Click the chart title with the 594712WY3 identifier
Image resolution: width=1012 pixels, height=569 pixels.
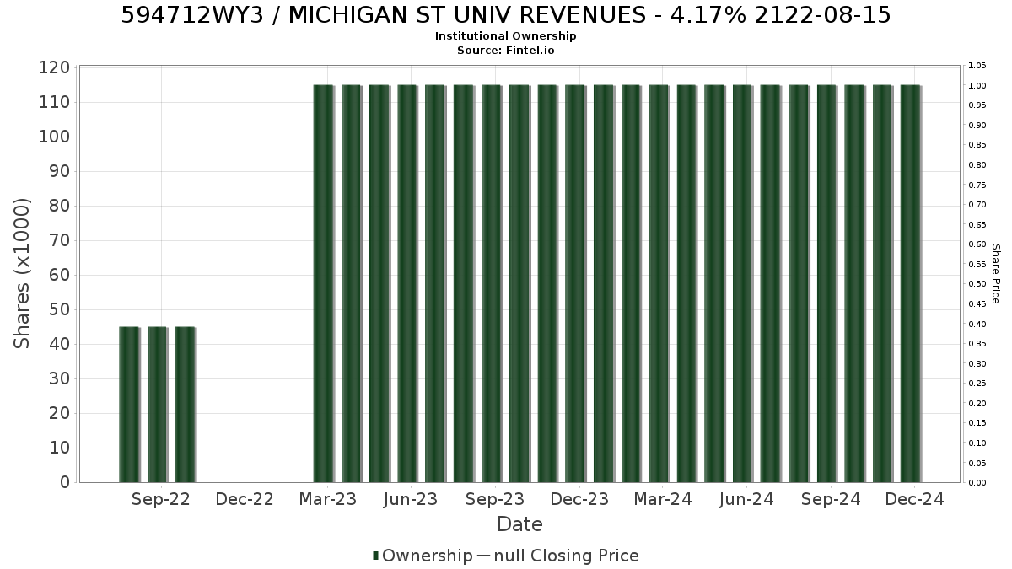[x=505, y=15]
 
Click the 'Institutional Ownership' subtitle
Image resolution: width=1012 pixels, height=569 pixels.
[x=505, y=36]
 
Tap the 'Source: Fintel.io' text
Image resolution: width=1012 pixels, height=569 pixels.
[x=505, y=50]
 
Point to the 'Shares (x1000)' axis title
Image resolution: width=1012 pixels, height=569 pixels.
[x=21, y=274]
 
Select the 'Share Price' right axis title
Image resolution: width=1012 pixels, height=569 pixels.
[x=995, y=274]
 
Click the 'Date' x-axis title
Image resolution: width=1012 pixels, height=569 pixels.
[x=519, y=524]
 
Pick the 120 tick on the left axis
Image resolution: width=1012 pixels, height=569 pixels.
[x=55, y=67]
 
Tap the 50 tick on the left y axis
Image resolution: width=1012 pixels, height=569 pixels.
[x=60, y=310]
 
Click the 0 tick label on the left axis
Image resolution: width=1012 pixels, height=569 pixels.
[x=66, y=482]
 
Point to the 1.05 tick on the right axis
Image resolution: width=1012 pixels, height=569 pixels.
[x=977, y=66]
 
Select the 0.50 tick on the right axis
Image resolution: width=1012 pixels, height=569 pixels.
[x=977, y=284]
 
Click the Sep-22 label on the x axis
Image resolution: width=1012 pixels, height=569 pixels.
[x=161, y=499]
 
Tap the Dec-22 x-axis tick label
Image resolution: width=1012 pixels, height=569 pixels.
[x=245, y=499]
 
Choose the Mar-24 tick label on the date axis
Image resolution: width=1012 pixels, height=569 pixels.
[x=663, y=499]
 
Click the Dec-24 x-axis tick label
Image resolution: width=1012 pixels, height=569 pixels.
[x=914, y=499]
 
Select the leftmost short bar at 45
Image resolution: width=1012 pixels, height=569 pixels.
[x=130, y=405]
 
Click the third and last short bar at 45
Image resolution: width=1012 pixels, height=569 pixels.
[x=186, y=405]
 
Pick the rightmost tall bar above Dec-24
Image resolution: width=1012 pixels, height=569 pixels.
[x=912, y=283]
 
